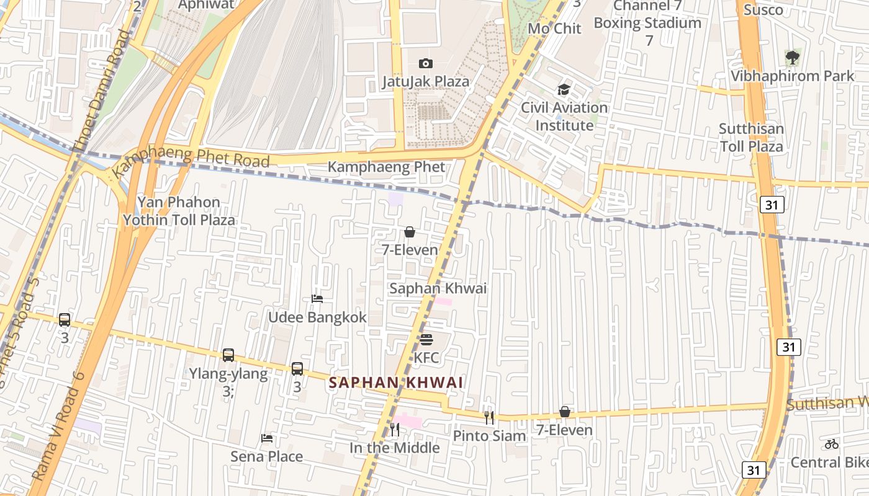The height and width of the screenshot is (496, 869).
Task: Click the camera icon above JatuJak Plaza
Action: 425,63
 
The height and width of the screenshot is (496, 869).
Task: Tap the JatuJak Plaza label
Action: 425,81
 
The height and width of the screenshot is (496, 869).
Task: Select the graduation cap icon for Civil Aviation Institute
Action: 564,89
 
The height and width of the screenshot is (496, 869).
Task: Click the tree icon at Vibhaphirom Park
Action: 792,58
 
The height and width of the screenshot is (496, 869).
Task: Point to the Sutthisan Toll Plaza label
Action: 751,138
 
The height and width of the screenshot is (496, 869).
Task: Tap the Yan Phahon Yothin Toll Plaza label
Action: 179,211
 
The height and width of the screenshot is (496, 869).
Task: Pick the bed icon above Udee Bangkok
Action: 317,299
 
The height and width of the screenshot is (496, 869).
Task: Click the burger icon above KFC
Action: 426,340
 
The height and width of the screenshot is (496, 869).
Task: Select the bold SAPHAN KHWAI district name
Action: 396,383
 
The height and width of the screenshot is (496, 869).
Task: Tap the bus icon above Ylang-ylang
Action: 228,355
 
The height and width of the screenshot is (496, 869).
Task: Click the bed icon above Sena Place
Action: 267,438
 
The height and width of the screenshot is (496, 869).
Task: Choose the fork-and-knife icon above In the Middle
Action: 394,429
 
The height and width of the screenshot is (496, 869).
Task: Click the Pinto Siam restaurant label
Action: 489,436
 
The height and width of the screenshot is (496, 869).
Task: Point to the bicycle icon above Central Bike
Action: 832,444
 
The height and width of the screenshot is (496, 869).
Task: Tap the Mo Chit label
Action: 554,29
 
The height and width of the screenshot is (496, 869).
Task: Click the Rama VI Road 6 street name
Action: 58,425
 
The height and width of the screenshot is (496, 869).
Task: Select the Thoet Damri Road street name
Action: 101,90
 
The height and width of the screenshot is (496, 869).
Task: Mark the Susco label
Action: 763,10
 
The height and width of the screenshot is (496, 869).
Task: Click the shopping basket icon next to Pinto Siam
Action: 565,412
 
